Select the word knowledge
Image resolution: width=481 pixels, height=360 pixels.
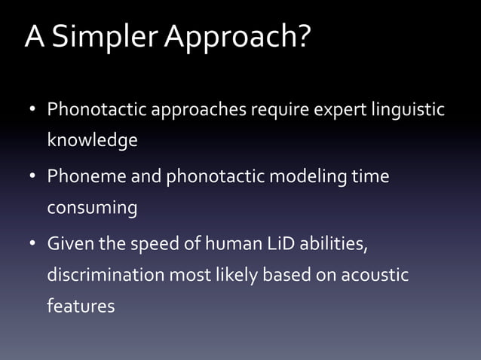92,141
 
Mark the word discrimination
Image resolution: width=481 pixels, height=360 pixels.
106,275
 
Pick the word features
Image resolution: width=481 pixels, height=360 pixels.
81,306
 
